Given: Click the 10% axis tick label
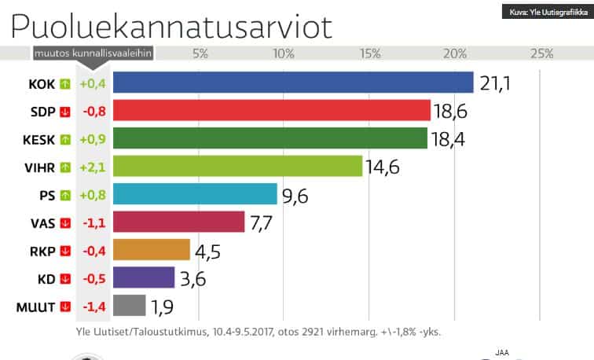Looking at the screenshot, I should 283,54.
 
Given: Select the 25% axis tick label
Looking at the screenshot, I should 541,54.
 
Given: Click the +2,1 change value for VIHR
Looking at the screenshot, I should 93,167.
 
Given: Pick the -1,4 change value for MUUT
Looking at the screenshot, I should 93,306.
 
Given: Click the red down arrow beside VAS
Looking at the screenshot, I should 65,222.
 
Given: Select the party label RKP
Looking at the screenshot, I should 40,251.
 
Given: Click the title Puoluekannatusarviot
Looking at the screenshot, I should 170,25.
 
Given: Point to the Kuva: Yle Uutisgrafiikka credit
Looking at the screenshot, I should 544,11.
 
